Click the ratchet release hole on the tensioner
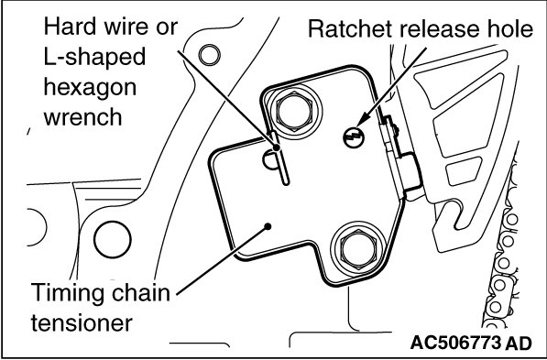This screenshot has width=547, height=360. [x=354, y=136]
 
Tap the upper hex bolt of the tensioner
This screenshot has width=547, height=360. [x=294, y=111]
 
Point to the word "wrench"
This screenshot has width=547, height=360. [x=83, y=117]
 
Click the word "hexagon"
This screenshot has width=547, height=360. [x=90, y=88]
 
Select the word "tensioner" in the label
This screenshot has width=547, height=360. [x=82, y=323]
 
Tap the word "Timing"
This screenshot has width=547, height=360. [x=68, y=294]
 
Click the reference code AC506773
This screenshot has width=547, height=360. [x=455, y=343]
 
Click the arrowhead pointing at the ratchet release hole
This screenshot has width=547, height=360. [x=362, y=121]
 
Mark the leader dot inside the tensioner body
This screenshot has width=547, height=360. [x=268, y=227]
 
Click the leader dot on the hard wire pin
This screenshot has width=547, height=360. [x=277, y=147]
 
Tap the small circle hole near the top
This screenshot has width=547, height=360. [x=209, y=55]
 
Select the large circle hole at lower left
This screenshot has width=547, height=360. [x=113, y=240]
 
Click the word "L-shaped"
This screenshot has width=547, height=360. [x=94, y=58]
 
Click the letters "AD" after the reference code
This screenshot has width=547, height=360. [x=519, y=343]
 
